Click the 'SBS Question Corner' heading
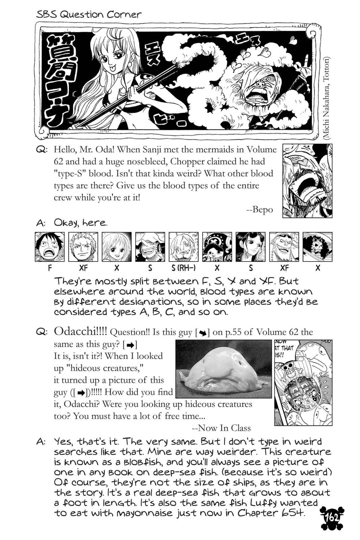(x=88, y=15)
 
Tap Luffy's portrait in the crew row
(x=50, y=247)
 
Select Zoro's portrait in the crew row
(x=83, y=247)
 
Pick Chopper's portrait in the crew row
(x=217, y=247)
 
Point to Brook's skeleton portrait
(x=317, y=247)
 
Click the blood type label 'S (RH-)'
(x=184, y=268)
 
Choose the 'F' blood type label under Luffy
(x=50, y=268)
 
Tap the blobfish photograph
(x=224, y=369)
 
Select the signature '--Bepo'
(x=259, y=210)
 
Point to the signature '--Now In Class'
(x=221, y=428)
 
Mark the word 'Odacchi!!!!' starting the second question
(x=80, y=332)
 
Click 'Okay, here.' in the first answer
(x=81, y=223)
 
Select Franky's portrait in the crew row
(x=284, y=247)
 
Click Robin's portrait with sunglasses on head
(x=251, y=247)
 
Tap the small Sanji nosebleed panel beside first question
(x=307, y=181)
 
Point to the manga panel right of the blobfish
(x=303, y=382)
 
